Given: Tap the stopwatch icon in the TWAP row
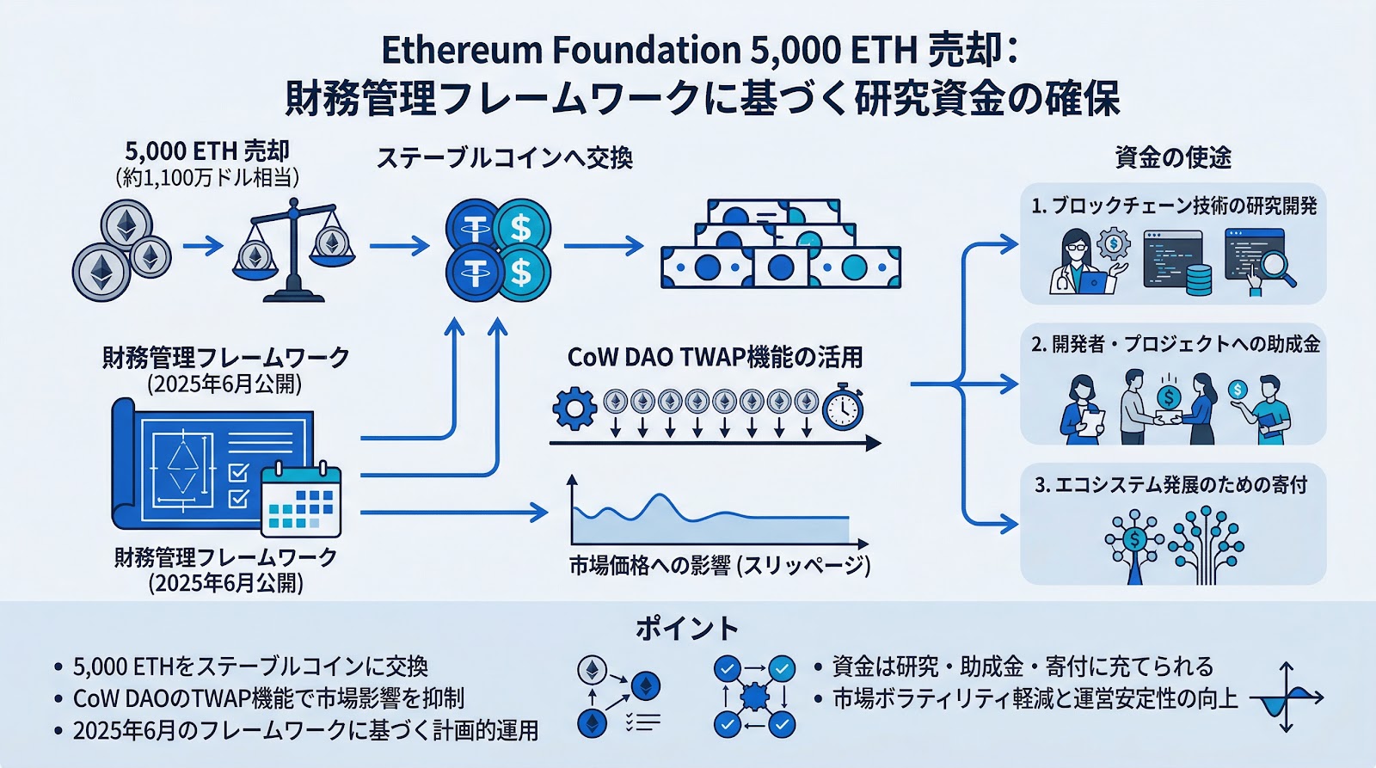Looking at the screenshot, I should pyautogui.click(x=842, y=408).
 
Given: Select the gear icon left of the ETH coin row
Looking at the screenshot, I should pyautogui.click(x=574, y=409).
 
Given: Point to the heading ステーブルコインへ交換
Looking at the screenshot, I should pyautogui.click(x=505, y=158).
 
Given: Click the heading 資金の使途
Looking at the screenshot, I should pyautogui.click(x=1173, y=157).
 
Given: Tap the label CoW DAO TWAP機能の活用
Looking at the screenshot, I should pyautogui.click(x=715, y=357).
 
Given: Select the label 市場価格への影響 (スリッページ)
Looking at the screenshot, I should pyautogui.click(x=719, y=566).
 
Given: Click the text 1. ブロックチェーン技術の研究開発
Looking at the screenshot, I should pyautogui.click(x=1174, y=206).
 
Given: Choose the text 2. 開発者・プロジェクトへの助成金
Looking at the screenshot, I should pyautogui.click(x=1175, y=344).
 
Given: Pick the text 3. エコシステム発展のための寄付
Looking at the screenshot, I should pyautogui.click(x=1170, y=485).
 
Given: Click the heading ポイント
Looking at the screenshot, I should pyautogui.click(x=687, y=629).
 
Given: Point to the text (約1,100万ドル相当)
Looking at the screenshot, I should pyautogui.click(x=207, y=178).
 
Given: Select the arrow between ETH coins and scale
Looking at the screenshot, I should pyautogui.click(x=203, y=246).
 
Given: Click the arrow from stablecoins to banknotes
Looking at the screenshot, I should pyautogui.click(x=603, y=246).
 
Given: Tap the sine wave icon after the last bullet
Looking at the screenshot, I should pyautogui.click(x=1286, y=697).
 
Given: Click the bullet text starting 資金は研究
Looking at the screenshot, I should pyautogui.click(x=1023, y=667).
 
